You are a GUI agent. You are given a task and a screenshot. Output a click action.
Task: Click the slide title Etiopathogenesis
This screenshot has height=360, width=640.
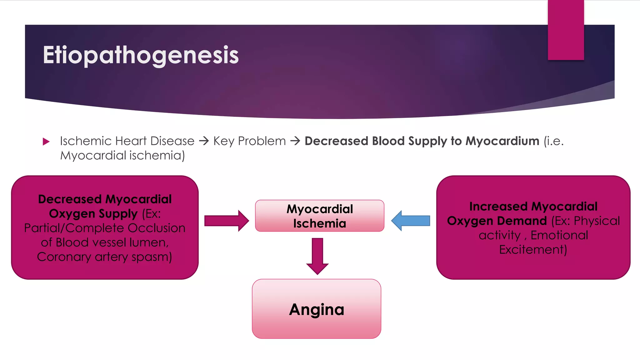(141, 55)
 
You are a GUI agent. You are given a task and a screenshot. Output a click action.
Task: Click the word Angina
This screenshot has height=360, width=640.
(317, 309)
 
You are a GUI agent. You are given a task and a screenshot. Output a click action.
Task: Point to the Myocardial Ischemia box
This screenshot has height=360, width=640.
(319, 216)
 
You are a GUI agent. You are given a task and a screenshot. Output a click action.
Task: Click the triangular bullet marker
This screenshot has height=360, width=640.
(46, 142)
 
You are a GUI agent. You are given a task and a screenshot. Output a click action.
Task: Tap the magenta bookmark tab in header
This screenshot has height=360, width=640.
(566, 30)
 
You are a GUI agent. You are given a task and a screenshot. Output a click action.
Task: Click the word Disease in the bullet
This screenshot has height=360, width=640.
(172, 141)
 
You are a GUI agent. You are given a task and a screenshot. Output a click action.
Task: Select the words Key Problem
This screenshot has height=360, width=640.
(249, 141)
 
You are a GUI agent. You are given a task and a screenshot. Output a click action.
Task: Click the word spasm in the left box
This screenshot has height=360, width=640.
(152, 257)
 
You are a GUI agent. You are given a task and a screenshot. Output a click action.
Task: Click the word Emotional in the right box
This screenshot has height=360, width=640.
(559, 235)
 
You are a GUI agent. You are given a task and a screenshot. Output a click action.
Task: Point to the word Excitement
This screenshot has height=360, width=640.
(533, 249)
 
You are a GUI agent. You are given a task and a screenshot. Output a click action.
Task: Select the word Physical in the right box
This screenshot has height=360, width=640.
(597, 221)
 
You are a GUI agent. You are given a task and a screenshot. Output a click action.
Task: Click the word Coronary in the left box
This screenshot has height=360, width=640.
(64, 257)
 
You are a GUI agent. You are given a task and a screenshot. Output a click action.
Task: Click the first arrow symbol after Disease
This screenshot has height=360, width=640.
(204, 141)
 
